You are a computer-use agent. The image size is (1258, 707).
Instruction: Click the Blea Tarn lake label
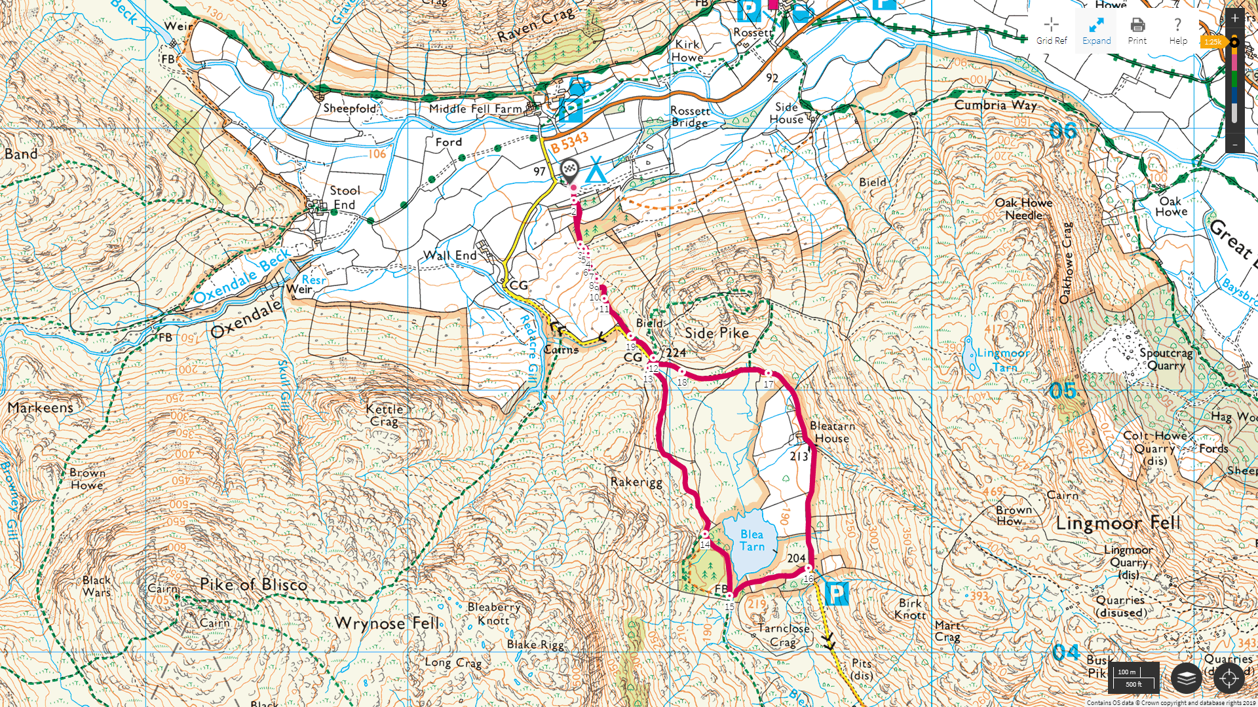coord(752,541)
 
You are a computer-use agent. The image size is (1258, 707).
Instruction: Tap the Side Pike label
coord(716,333)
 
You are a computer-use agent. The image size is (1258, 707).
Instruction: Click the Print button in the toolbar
coord(1137,31)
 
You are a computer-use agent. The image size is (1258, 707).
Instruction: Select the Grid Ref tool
coord(1051,31)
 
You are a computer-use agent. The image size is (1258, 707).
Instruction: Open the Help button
coord(1177,31)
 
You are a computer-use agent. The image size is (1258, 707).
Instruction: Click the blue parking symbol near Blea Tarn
coord(836,594)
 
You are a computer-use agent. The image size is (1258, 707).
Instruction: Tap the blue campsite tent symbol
coord(596,170)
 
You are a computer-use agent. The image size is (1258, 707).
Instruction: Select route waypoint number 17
coord(768,373)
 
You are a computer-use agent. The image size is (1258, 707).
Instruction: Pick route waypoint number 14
coord(705,535)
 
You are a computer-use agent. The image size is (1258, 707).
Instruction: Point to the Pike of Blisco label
coord(253,585)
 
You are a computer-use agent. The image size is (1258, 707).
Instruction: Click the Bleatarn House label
coord(831,432)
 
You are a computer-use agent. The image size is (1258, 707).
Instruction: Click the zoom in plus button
coord(1234,18)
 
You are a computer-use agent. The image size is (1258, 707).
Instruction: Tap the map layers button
coord(1186,678)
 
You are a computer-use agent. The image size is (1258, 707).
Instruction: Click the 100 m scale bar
coord(1133,678)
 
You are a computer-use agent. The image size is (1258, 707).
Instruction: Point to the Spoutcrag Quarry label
coord(1166,359)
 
